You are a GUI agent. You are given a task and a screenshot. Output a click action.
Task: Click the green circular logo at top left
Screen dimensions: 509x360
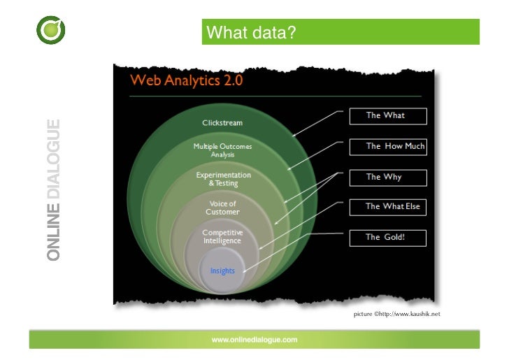point(51,30)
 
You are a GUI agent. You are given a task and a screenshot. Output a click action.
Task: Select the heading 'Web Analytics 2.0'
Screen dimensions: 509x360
point(186,80)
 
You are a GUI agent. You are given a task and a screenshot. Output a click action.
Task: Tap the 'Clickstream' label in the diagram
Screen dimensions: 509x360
point(222,123)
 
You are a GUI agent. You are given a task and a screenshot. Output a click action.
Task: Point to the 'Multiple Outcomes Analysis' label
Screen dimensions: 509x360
point(222,150)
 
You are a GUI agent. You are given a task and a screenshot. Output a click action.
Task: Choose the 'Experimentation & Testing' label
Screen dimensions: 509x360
point(223,179)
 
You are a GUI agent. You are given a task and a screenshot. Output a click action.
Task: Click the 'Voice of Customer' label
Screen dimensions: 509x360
point(222,208)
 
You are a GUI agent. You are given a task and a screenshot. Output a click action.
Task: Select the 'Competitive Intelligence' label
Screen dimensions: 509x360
point(222,236)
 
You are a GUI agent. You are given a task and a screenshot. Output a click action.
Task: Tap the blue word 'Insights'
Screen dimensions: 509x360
point(222,271)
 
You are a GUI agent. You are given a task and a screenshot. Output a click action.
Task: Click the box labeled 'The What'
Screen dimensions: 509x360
point(386,115)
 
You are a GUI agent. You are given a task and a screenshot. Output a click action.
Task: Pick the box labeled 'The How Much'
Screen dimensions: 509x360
point(387,146)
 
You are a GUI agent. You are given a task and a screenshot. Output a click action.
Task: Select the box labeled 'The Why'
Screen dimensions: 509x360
point(386,177)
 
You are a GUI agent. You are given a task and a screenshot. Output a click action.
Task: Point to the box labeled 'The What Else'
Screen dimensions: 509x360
point(387,206)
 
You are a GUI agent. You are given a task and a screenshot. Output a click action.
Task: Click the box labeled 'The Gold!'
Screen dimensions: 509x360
point(386,237)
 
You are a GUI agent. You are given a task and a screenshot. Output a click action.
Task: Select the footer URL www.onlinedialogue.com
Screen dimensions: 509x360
point(254,340)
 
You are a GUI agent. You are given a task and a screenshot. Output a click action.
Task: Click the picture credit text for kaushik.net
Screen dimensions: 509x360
point(396,315)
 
